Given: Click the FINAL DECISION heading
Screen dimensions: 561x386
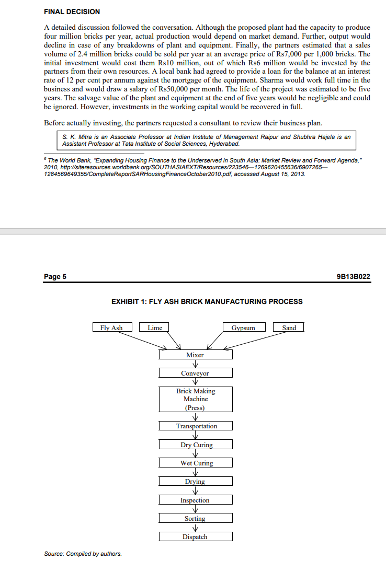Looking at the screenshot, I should click(x=72, y=11).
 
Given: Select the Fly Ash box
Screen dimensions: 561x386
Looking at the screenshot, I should click(x=111, y=328).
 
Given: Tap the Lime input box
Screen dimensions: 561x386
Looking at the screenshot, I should click(x=155, y=328).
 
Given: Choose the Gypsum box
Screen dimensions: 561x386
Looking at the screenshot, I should click(x=243, y=328).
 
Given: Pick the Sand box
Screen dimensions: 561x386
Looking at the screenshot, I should click(x=289, y=328).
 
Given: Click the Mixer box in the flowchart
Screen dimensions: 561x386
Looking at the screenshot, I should click(x=195, y=355).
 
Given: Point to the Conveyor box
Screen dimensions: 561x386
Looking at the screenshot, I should click(x=195, y=373).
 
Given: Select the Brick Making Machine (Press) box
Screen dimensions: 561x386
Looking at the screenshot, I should click(x=195, y=399).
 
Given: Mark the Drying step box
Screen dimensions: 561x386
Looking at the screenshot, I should click(x=195, y=481).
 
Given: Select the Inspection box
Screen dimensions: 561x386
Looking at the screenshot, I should click(x=195, y=500).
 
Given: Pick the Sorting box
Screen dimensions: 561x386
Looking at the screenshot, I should click(x=195, y=518).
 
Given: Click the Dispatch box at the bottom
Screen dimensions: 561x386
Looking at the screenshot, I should click(x=195, y=536).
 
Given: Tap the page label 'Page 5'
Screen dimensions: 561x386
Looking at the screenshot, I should click(x=55, y=276).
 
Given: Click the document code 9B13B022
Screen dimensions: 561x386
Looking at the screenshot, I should click(x=354, y=276).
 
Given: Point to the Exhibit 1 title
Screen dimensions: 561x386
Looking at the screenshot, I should click(x=207, y=301).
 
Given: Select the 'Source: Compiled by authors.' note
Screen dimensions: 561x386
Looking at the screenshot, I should click(x=83, y=554).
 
